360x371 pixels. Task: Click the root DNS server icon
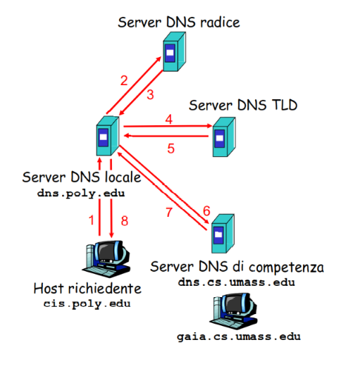(x=174, y=51)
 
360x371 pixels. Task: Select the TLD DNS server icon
(x=224, y=137)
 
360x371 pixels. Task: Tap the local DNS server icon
(x=108, y=136)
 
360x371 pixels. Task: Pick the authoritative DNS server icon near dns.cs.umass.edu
(x=223, y=234)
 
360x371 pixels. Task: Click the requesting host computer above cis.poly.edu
(x=106, y=259)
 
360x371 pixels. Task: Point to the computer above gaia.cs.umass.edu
(x=233, y=310)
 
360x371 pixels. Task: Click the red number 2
(x=124, y=81)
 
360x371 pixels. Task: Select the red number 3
(x=150, y=94)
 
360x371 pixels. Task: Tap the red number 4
(x=169, y=119)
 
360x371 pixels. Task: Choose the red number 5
(x=170, y=149)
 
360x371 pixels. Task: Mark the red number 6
(x=206, y=210)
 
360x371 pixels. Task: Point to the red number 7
(x=169, y=212)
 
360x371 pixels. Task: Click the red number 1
(x=92, y=220)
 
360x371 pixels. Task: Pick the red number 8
(x=125, y=221)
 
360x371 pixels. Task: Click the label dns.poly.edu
(x=81, y=194)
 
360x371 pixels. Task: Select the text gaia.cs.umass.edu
(x=239, y=337)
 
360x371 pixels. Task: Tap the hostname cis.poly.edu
(x=87, y=303)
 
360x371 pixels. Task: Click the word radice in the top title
(x=220, y=23)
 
